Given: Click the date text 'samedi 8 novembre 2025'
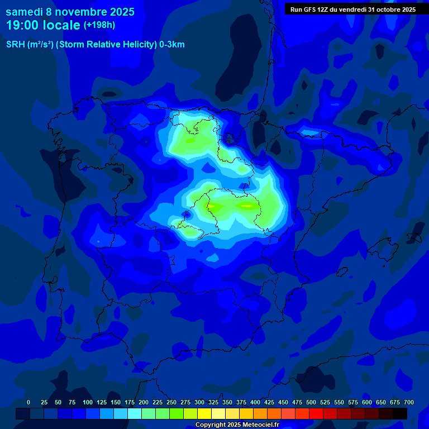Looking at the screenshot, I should click(70, 12).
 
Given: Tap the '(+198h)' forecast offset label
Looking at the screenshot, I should click(99, 25).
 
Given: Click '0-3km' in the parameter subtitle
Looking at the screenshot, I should click(171, 45).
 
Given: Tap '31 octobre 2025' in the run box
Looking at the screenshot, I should click(392, 9).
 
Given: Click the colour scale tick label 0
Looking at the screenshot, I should click(28, 402).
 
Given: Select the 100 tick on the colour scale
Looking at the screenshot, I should click(88, 402).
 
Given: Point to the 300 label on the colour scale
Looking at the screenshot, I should click(199, 402).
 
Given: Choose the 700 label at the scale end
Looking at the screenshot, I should click(409, 402).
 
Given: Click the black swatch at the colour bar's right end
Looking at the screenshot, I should click(400, 413).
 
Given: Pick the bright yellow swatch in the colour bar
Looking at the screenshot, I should click(204, 413).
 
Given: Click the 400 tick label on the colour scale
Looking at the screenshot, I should click(255, 402).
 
